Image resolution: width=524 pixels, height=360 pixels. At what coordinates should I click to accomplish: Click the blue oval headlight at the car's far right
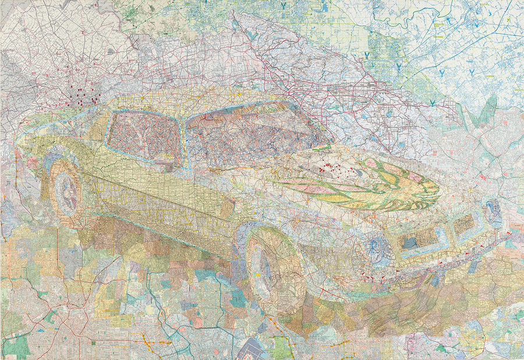(x=494, y=213)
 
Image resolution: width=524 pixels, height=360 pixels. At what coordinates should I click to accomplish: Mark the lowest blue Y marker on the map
(x=433, y=102)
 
